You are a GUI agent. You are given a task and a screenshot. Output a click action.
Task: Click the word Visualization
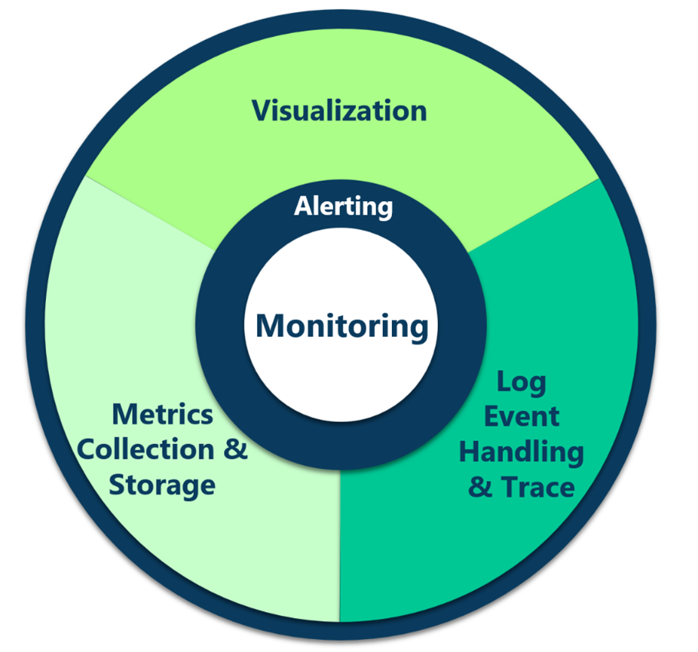(340, 110)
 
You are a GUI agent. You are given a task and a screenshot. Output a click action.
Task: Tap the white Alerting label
(344, 206)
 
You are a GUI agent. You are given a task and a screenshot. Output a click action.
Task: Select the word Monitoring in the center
(341, 325)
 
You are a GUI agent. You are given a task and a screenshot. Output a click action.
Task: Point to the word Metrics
(163, 414)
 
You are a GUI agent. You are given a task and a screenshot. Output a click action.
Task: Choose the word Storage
(162, 485)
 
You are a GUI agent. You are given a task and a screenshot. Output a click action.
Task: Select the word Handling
(521, 452)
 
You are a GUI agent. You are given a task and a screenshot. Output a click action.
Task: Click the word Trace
(537, 487)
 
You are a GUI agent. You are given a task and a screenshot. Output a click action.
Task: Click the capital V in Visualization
(262, 110)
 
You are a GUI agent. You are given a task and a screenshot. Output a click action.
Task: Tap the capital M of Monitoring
(270, 325)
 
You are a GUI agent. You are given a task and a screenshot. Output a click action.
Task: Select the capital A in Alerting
(303, 206)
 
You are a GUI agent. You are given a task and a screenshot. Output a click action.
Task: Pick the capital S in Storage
(117, 485)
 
